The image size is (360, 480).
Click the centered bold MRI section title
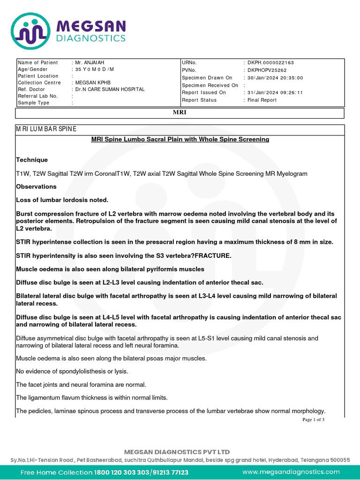tap(180, 113)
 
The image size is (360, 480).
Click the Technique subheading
tap(32, 160)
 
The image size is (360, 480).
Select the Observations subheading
tap(36, 187)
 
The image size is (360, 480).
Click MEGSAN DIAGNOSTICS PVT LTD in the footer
tap(177, 452)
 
